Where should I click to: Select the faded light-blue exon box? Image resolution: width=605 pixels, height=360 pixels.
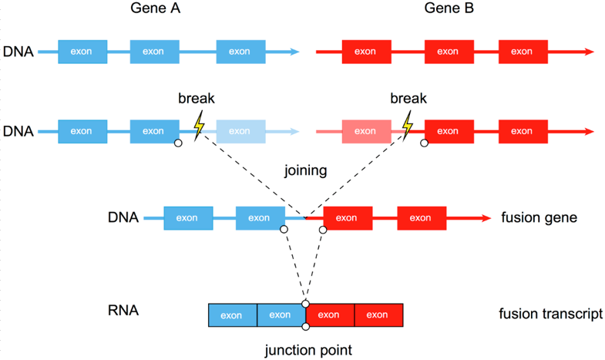(x=241, y=130)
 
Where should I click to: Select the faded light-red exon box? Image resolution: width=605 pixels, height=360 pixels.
(x=365, y=130)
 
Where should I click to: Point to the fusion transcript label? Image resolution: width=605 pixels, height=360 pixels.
(x=550, y=315)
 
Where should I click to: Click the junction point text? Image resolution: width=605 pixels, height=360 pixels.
(x=306, y=350)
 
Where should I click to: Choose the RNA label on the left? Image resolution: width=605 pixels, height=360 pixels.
(x=123, y=312)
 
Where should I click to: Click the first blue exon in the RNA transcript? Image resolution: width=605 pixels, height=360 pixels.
(x=232, y=315)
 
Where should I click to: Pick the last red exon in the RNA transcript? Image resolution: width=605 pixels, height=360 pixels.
(x=378, y=315)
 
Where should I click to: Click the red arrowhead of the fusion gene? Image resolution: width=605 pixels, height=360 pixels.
(x=486, y=218)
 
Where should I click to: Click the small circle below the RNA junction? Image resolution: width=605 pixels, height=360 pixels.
(x=306, y=328)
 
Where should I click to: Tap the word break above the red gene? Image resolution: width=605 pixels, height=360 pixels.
(x=408, y=99)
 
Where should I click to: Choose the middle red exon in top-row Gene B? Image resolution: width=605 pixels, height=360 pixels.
(x=449, y=52)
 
